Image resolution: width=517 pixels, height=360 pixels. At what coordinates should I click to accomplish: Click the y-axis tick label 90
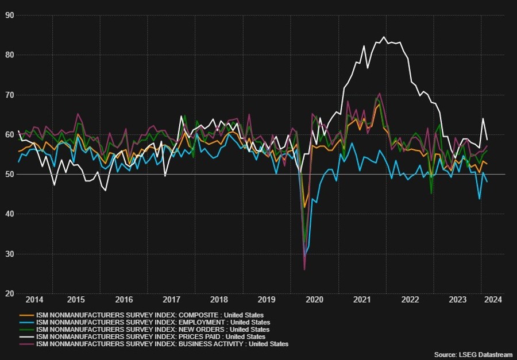click(x=10, y=16)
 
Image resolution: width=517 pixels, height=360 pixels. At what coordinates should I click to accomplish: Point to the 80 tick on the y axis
click(x=10, y=55)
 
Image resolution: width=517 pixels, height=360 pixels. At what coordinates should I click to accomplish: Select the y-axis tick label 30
click(x=10, y=254)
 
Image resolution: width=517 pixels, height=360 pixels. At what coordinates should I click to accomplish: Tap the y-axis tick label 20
click(x=10, y=293)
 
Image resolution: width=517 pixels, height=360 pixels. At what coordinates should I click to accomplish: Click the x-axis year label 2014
click(x=34, y=300)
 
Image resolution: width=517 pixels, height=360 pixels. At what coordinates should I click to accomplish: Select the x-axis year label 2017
click(x=172, y=300)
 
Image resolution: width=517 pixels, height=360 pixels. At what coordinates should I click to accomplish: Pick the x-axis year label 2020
click(x=314, y=300)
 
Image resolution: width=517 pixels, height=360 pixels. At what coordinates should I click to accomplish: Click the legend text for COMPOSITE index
click(x=150, y=315)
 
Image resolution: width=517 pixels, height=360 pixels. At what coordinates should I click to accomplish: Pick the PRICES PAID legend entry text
click(x=151, y=337)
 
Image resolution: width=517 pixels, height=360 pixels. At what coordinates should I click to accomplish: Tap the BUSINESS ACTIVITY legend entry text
click(x=162, y=344)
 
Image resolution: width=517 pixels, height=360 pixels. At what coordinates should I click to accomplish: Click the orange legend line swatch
click(x=26, y=315)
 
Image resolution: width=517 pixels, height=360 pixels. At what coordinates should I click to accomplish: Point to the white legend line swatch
click(x=26, y=337)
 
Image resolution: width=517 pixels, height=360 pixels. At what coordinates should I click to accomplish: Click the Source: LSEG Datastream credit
click(x=473, y=355)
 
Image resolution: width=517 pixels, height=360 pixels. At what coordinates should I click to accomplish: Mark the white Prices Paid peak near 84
click(x=384, y=37)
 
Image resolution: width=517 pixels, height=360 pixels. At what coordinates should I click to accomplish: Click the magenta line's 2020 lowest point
click(x=304, y=269)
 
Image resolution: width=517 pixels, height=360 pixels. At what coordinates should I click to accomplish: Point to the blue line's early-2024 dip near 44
click(x=479, y=199)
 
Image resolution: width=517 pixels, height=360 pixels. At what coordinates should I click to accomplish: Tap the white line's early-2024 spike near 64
click(x=483, y=119)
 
